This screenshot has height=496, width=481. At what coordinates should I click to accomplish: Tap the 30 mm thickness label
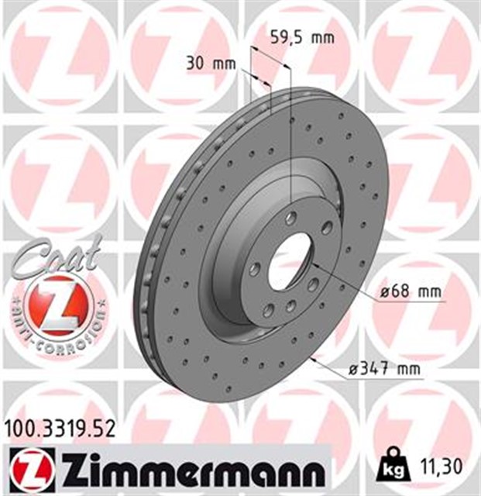click(x=211, y=64)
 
